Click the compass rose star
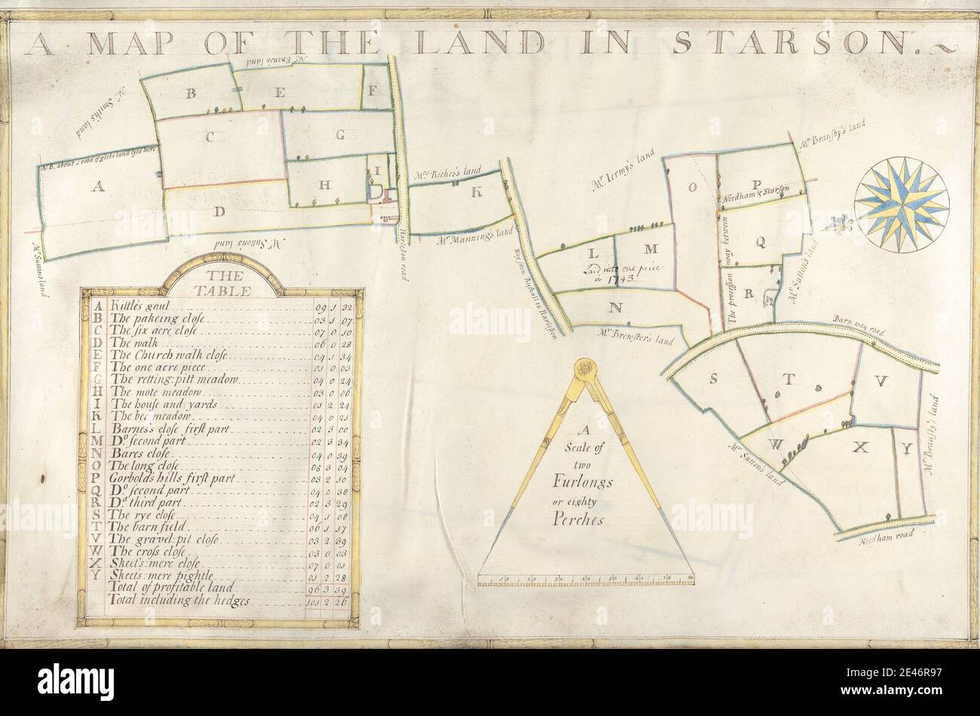coord(901,204)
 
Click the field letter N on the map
coord(616,307)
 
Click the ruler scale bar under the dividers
coord(586,580)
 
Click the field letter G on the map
coord(340,136)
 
